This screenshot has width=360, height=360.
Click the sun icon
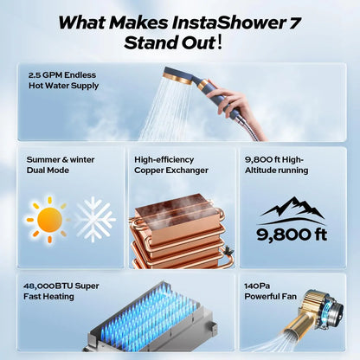(48, 219)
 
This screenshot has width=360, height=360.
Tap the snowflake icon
(94, 218)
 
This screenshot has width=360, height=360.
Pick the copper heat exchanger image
(177, 229)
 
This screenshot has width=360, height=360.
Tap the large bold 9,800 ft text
(292, 233)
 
